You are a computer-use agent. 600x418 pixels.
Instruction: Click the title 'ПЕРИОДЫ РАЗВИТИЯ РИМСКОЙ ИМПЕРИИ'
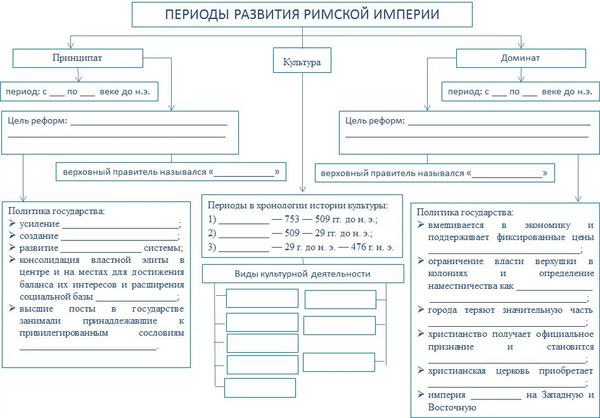(302, 15)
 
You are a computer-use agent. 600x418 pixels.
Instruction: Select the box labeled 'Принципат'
(77, 58)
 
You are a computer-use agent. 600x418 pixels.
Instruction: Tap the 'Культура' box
(302, 62)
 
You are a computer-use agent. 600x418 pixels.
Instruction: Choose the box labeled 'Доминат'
(520, 58)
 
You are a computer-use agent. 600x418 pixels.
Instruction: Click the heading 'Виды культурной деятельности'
(302, 274)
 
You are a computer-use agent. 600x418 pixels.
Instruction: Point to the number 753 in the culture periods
(293, 220)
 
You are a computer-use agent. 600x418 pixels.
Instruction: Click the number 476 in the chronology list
(358, 247)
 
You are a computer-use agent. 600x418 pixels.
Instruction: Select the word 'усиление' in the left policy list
(39, 224)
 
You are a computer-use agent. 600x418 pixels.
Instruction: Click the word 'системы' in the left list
(163, 248)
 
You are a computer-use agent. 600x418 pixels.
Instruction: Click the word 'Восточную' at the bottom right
(452, 407)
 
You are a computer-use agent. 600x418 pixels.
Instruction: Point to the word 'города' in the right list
(442, 310)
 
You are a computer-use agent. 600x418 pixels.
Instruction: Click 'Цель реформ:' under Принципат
(37, 120)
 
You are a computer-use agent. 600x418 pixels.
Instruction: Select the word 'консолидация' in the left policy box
(53, 260)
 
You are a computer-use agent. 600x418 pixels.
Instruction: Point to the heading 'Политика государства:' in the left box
(57, 211)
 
